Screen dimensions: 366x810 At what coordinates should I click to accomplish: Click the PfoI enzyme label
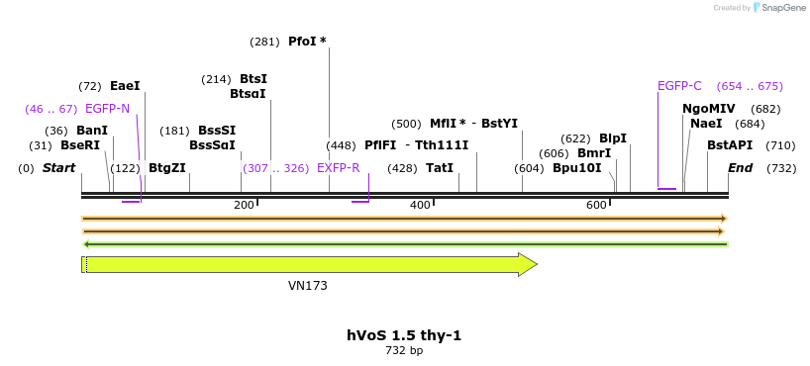click(301, 42)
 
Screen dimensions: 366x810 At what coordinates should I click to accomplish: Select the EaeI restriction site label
click(125, 86)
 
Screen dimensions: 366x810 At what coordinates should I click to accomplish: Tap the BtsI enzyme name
click(253, 79)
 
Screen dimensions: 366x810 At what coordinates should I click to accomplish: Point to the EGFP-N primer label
click(107, 109)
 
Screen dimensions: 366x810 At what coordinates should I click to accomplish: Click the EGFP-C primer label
click(679, 86)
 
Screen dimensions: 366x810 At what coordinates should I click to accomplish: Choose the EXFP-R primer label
click(338, 168)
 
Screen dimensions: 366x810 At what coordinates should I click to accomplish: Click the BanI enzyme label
click(92, 131)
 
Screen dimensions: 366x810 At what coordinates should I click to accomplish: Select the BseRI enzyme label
click(80, 145)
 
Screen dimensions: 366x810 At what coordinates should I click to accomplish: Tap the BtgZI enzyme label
click(166, 168)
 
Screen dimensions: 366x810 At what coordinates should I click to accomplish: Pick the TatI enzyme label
click(440, 168)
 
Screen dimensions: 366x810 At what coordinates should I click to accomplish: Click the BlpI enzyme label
click(613, 138)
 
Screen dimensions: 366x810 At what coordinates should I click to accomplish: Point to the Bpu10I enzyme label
click(576, 168)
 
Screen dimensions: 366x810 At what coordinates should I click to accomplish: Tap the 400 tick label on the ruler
click(420, 205)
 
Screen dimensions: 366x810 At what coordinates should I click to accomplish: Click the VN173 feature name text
click(308, 286)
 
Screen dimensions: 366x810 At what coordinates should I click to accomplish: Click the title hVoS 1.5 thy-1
click(404, 335)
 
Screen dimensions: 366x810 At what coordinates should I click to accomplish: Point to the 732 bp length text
click(404, 350)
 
